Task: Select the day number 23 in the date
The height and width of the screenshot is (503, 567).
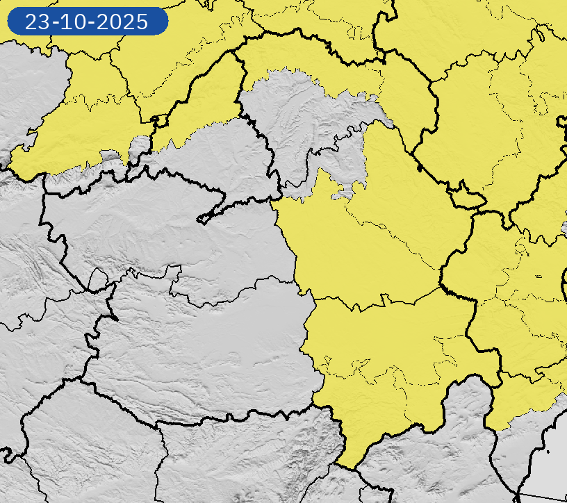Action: tap(37, 22)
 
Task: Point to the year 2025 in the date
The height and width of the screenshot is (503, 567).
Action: tap(124, 22)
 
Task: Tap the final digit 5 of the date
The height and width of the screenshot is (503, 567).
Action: tap(142, 22)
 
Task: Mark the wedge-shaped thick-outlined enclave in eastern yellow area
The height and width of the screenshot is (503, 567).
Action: tap(467, 199)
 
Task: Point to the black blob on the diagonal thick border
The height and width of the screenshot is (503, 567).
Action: tap(418, 167)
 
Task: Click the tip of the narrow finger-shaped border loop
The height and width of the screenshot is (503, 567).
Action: tap(202, 220)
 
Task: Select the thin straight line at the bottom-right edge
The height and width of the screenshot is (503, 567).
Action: tap(542, 496)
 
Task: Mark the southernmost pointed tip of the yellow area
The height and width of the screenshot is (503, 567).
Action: tap(347, 467)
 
